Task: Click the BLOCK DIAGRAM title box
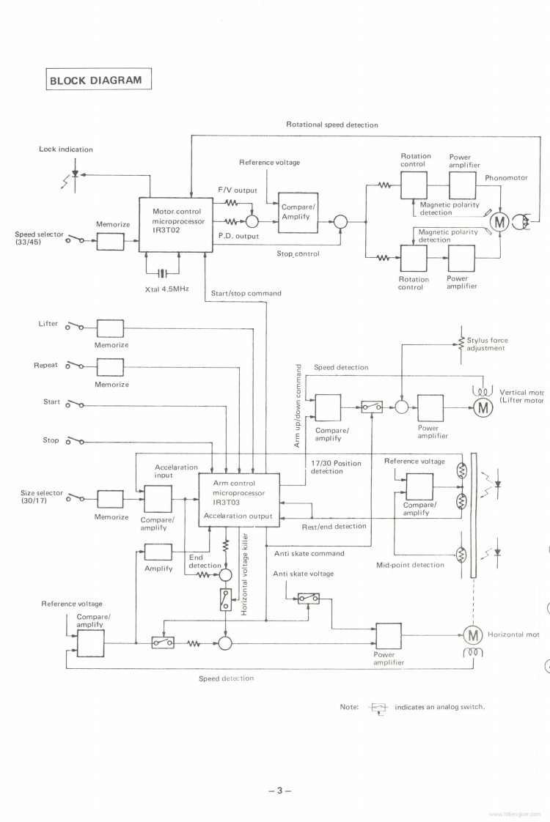(98, 79)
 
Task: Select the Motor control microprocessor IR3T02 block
(176, 223)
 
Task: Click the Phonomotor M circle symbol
(502, 221)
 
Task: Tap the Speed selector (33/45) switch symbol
(75, 240)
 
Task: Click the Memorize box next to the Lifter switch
(110, 328)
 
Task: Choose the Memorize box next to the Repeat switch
(110, 366)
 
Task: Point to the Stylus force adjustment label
(487, 344)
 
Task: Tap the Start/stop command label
(246, 293)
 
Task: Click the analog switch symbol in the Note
(378, 707)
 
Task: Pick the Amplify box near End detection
(158, 552)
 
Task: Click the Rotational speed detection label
(331, 125)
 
